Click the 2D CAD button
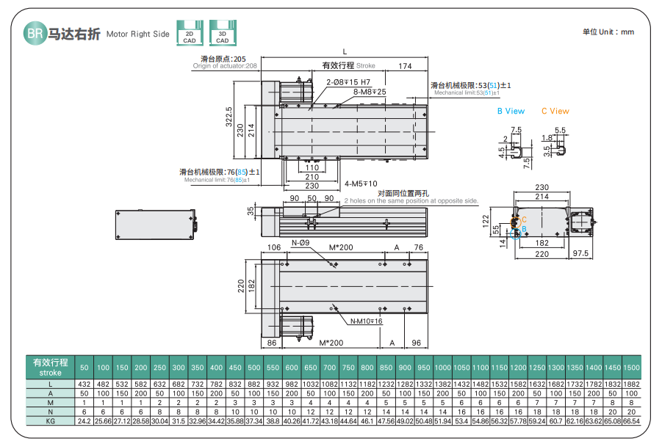point(189,35)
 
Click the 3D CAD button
point(222,35)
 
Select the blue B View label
point(511,112)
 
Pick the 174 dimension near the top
point(405,67)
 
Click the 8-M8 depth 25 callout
point(370,92)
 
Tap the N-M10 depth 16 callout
point(366,321)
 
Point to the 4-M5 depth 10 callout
point(361,183)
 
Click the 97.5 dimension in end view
point(581,254)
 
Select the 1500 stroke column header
point(630,367)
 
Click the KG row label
point(50,422)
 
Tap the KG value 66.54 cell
point(630,422)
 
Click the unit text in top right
point(608,32)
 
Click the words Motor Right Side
point(137,34)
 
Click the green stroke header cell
point(50,367)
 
